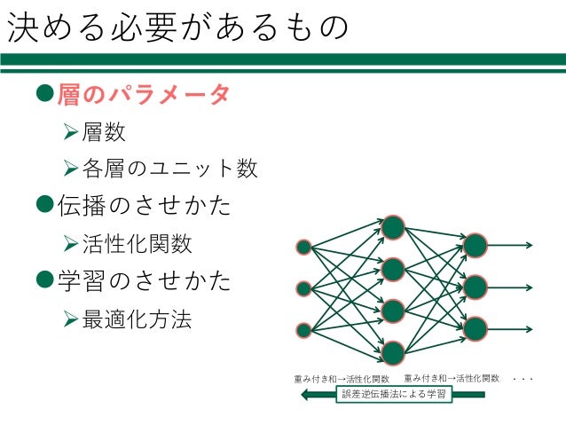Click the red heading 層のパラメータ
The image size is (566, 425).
[x=144, y=94]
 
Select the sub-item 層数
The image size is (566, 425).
[x=104, y=133]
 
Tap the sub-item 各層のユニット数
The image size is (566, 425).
[x=169, y=168]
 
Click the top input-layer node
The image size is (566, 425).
[x=303, y=247]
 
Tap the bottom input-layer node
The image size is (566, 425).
[x=303, y=330]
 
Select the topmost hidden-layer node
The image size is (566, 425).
[x=393, y=227]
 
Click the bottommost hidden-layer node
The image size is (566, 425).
[x=393, y=353]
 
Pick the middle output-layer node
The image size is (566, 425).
[x=476, y=287]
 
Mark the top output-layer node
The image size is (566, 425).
[x=476, y=246]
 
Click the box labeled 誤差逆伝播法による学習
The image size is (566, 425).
[x=395, y=394]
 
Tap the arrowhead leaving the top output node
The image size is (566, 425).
[x=528, y=246]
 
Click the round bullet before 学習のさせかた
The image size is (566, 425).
[x=46, y=280]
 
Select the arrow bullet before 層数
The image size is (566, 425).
[x=72, y=134]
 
